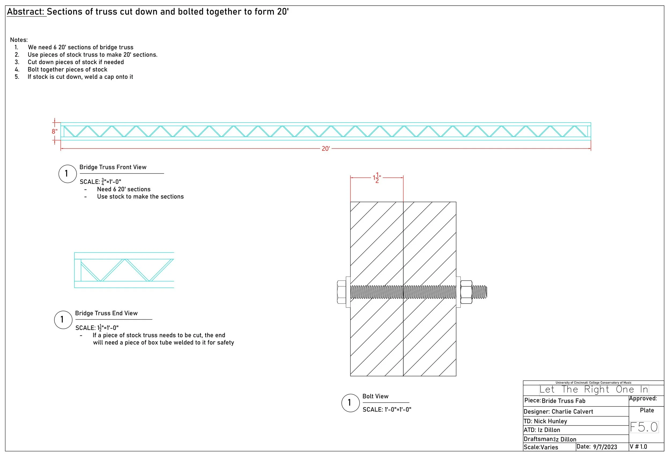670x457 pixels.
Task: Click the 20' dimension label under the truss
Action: click(x=326, y=149)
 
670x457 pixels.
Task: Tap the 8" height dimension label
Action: click(x=54, y=132)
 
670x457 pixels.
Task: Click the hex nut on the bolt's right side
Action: click(x=466, y=292)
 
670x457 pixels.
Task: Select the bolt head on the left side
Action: click(x=342, y=292)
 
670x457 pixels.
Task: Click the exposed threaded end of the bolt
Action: click(x=480, y=292)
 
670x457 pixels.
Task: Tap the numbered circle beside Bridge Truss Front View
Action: click(x=68, y=174)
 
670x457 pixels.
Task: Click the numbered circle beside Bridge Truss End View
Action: click(x=63, y=320)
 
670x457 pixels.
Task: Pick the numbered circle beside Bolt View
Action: click(x=350, y=403)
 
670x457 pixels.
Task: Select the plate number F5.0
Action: click(x=644, y=427)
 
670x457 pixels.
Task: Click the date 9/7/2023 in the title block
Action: click(x=605, y=447)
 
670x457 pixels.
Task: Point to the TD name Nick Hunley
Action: click(x=550, y=421)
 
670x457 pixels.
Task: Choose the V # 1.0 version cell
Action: click(x=638, y=447)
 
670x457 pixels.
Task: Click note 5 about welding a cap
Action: click(x=80, y=77)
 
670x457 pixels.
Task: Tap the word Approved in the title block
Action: click(x=643, y=399)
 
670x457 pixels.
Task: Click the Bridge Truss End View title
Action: click(x=106, y=313)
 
